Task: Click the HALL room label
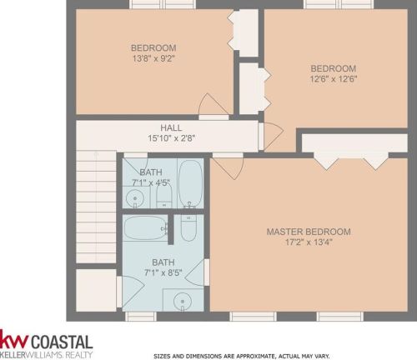171,127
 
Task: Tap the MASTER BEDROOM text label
309,232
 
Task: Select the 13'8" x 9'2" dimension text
153,58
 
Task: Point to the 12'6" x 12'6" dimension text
334,79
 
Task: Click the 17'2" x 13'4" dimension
309,242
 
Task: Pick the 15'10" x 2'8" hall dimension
171,138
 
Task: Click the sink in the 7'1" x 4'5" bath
135,198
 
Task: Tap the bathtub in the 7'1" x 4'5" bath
190,183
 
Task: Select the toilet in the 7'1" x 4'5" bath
164,196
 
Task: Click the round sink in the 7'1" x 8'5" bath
183,302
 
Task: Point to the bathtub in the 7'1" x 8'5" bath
145,227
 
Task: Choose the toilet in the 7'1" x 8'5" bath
188,228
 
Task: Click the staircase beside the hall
96,207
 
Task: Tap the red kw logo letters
14,339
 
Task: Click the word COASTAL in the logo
62,342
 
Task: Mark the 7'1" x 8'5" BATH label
163,262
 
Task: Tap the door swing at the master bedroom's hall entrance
228,167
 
